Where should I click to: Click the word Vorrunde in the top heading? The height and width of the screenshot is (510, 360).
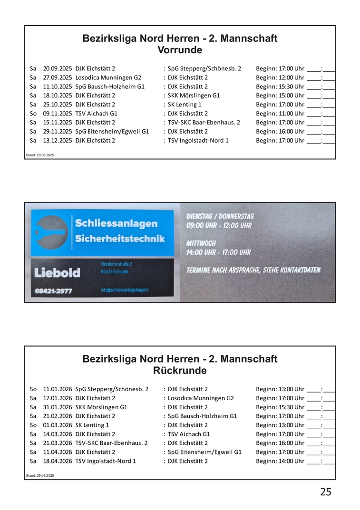point(179,50)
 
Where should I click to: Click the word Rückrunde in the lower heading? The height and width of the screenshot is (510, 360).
point(179,370)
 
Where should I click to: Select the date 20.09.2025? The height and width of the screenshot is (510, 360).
point(57,68)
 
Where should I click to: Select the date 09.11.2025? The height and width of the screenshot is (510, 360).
point(57,114)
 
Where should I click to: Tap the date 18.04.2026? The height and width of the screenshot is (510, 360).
point(57,461)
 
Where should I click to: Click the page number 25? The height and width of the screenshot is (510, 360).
point(325,491)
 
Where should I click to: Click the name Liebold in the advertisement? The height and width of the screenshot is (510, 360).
point(57,272)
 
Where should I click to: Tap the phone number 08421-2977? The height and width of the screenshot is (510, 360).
point(53,291)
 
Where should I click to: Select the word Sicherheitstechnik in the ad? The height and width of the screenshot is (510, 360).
point(120,238)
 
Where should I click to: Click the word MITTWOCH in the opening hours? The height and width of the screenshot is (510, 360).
point(201,243)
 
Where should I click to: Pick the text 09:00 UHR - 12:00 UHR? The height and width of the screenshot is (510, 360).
point(219,225)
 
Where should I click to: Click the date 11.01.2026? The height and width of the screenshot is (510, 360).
point(57,389)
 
